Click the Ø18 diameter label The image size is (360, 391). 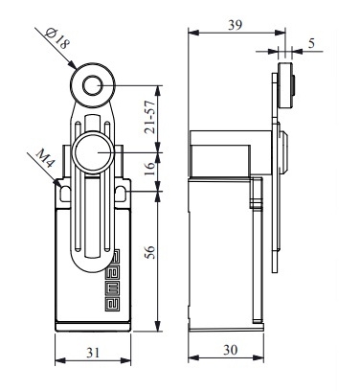57,37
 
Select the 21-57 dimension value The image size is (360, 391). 149,117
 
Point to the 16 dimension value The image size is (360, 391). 149,169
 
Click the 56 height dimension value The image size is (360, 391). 149,252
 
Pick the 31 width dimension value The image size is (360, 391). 93,353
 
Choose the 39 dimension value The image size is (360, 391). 235,25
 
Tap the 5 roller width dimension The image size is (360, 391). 311,43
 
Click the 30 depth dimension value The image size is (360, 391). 230,350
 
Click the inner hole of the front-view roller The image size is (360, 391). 93,85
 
